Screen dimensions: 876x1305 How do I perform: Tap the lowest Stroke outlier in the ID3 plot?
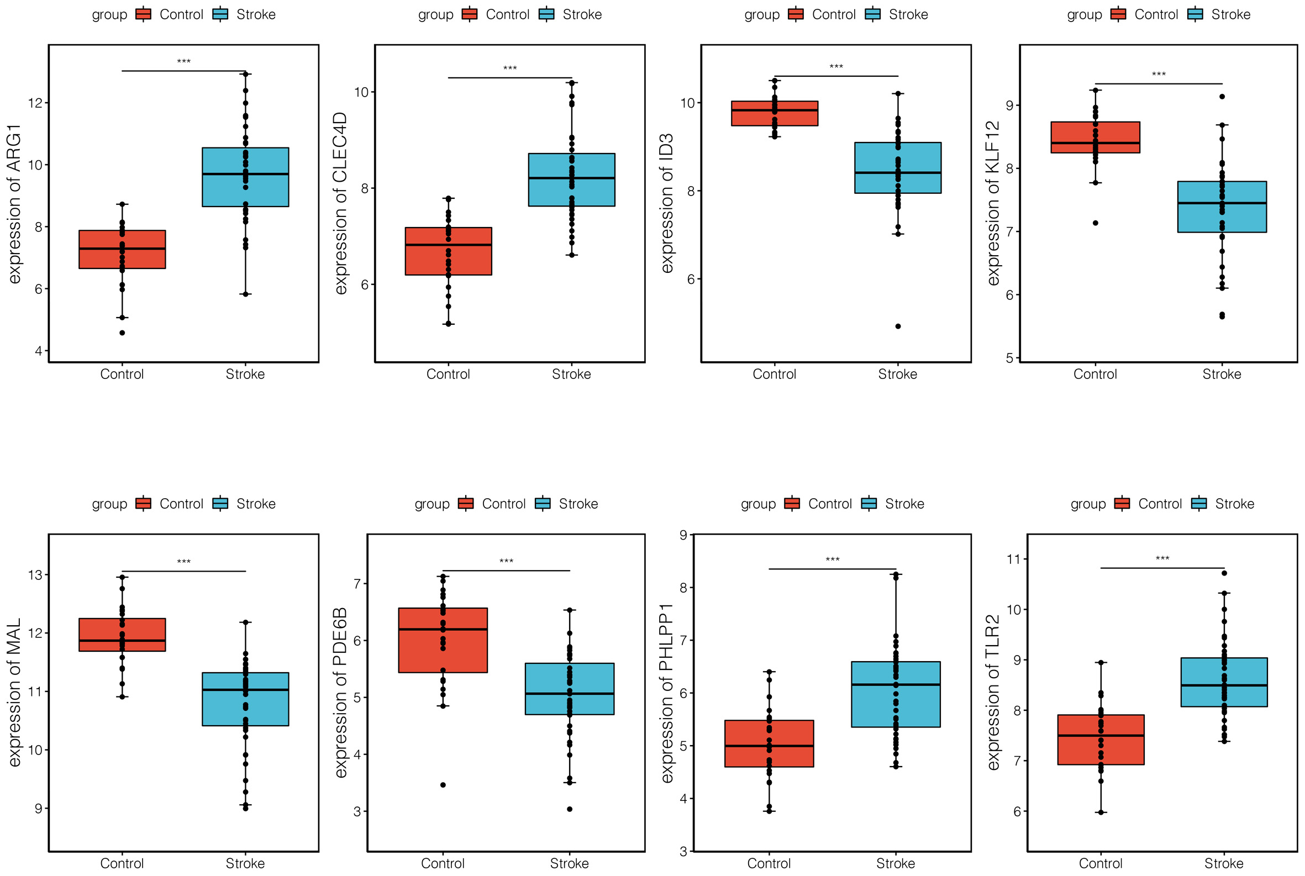coord(898,326)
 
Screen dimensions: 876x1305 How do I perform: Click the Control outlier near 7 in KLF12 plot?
coord(1095,223)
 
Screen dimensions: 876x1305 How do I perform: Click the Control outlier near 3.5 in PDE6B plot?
coord(443,785)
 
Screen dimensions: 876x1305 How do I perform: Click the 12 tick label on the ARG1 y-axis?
coord(35,103)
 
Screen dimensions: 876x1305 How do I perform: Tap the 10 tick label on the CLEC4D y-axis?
coord(361,92)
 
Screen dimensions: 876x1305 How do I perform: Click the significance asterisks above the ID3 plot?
coord(835,67)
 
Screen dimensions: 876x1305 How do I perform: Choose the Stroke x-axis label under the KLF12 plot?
coord(1222,374)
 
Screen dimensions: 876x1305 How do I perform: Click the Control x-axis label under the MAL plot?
coord(122,863)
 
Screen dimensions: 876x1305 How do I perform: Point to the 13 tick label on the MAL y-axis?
coord(35,575)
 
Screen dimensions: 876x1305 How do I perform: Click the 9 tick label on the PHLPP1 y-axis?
coord(683,535)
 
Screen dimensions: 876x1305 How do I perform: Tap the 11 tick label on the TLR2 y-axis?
coord(1013,559)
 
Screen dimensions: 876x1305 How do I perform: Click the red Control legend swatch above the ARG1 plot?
coord(144,14)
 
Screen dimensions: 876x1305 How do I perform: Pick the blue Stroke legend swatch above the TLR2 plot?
coord(1199,504)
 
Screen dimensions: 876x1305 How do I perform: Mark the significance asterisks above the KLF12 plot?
coord(1158,75)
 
